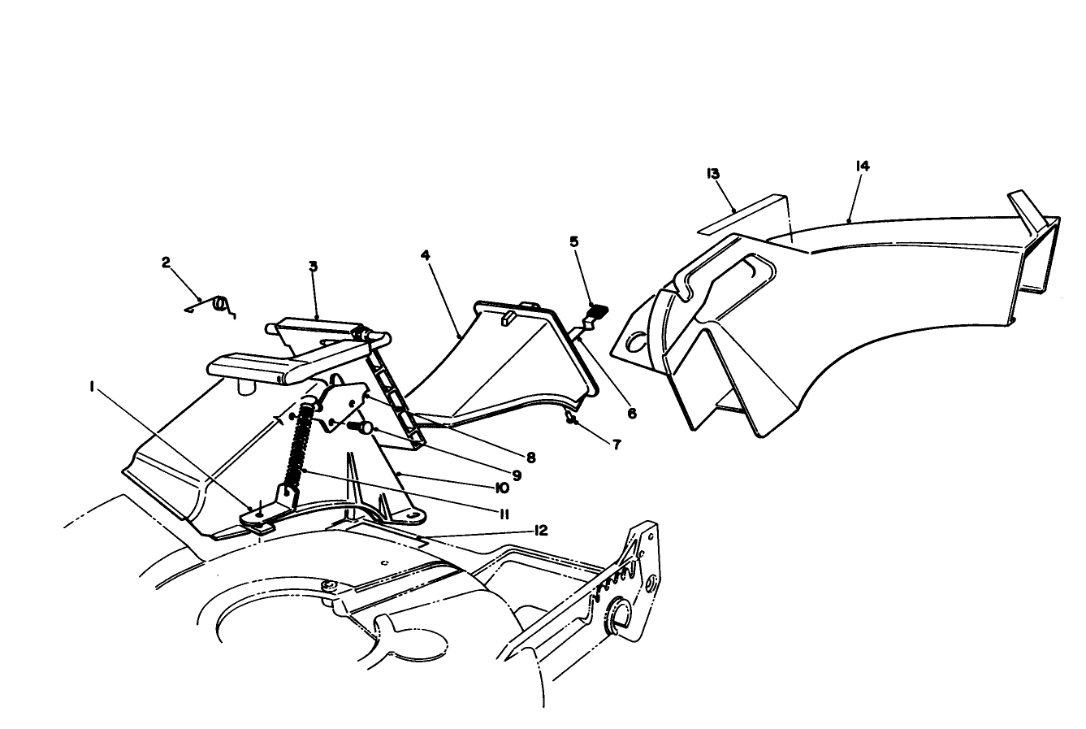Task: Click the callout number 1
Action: [x=92, y=386]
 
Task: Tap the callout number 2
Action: [x=167, y=263]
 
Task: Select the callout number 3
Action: [x=314, y=266]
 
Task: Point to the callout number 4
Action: [x=425, y=255]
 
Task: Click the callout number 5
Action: [x=574, y=241]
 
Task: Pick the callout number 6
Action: [x=632, y=413]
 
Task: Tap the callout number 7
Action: [x=617, y=445]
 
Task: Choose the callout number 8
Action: [x=531, y=458]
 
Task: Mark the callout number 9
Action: [x=517, y=475]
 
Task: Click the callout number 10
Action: [x=502, y=488]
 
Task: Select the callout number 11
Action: [x=504, y=514]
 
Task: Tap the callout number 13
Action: [x=712, y=174]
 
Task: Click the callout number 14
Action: [x=863, y=166]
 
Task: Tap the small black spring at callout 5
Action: [x=599, y=309]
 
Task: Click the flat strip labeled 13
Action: [x=743, y=214]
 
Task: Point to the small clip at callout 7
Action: [x=571, y=418]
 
